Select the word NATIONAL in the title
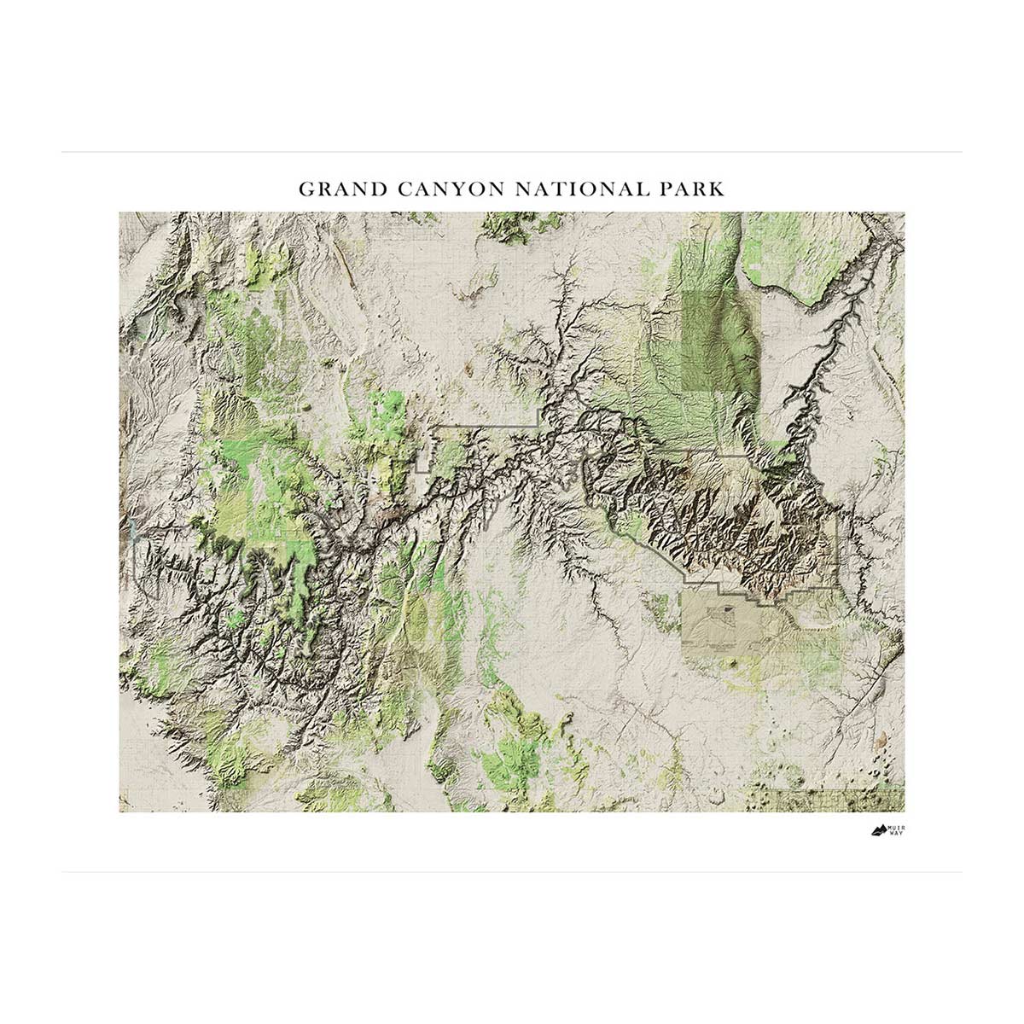tap(577, 189)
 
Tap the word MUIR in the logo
tap(897, 826)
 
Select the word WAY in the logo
tap(896, 833)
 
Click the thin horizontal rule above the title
tap(512, 153)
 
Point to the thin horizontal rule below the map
tap(512, 872)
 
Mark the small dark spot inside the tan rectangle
tap(728, 609)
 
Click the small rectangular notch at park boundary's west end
tap(423, 465)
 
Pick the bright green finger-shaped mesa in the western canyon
tap(299, 580)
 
